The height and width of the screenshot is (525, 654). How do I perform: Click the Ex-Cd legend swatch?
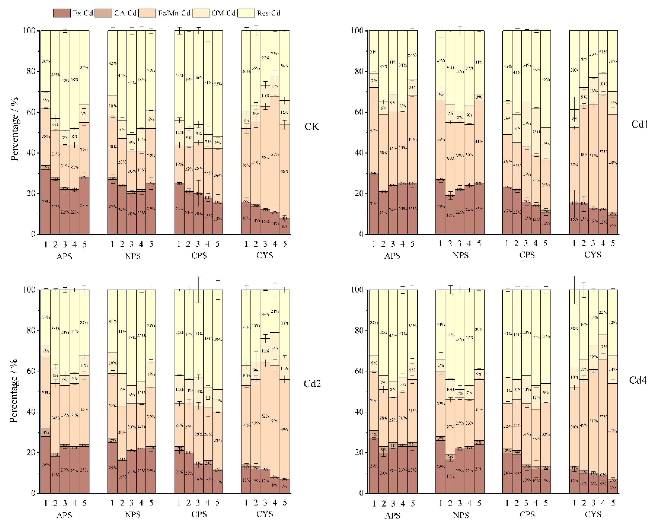61,13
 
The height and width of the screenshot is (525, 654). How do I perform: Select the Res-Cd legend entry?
268,13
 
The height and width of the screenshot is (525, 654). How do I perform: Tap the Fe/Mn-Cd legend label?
174,13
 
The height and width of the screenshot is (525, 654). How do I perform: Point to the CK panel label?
311,127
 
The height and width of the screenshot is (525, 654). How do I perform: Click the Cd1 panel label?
639,124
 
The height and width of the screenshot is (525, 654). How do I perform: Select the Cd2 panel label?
312,384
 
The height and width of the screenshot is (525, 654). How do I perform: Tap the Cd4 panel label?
638,380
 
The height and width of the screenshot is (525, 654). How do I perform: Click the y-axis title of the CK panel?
14,129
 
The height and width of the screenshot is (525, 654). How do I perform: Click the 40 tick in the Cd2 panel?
32,412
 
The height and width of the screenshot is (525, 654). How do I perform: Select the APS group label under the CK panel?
64,257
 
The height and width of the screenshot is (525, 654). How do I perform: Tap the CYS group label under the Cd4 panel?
593,514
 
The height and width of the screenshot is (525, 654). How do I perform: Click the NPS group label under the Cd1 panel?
460,255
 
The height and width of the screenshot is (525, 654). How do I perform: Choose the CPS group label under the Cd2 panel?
199,514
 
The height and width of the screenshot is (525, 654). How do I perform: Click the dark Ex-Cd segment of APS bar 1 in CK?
45,202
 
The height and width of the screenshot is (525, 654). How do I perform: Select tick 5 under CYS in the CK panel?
284,244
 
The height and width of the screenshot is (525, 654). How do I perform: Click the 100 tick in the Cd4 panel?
358,290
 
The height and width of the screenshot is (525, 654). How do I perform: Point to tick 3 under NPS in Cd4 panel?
460,503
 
